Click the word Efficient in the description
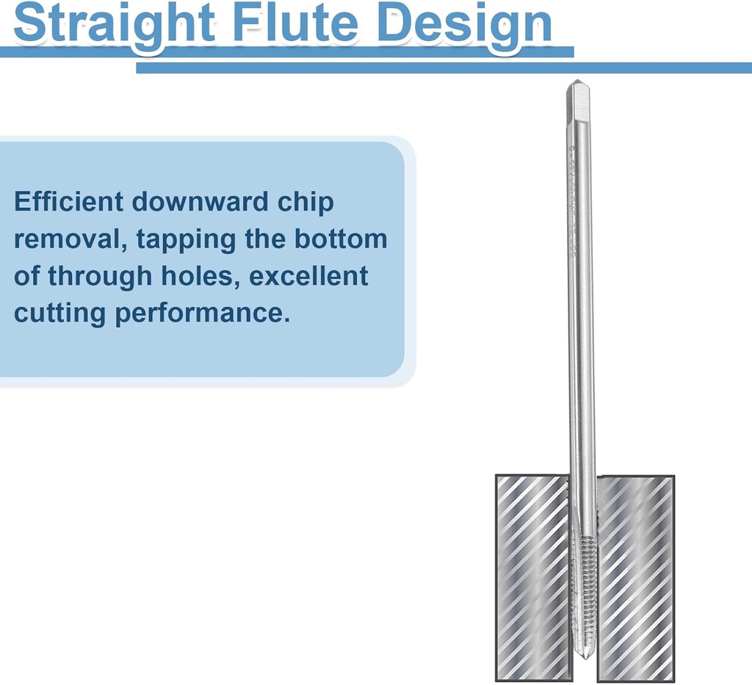tap(68, 202)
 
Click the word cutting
tap(59, 314)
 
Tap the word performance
tap(199, 314)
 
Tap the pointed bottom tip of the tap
tap(585, 653)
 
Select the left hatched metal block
tap(532, 576)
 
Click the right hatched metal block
tap(634, 576)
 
